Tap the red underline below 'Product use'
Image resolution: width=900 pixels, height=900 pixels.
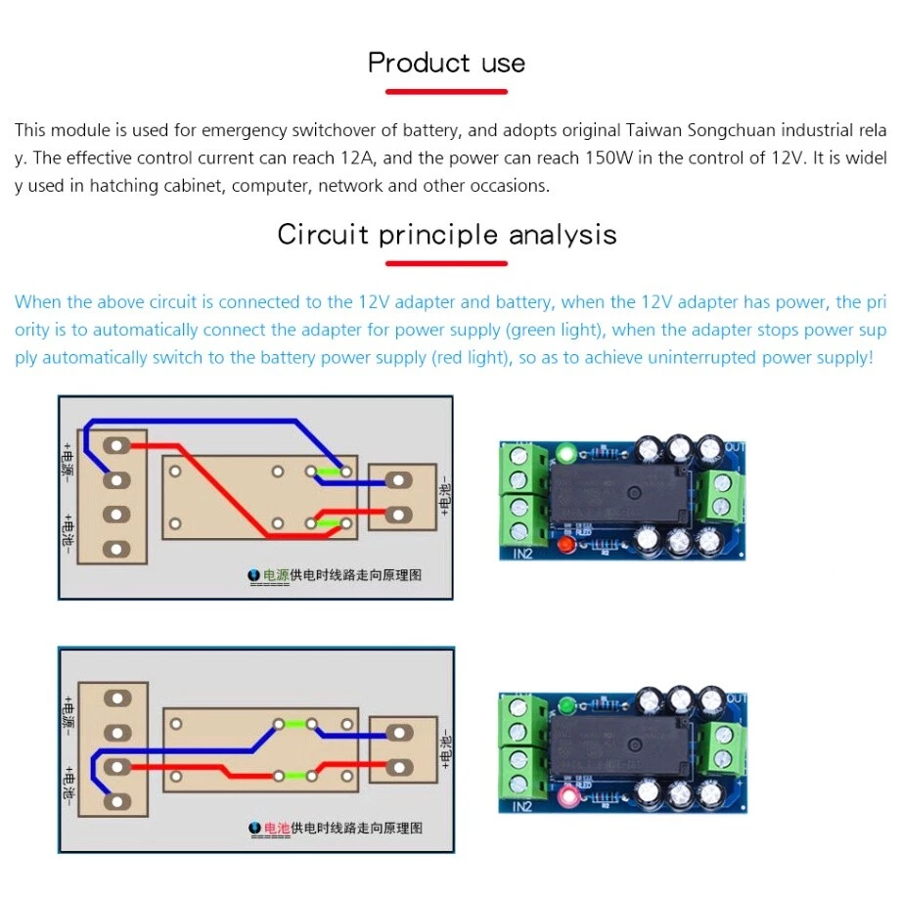coord(446,92)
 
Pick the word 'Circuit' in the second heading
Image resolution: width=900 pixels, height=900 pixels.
coord(322,235)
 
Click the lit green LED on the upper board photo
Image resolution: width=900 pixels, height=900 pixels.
coord(564,453)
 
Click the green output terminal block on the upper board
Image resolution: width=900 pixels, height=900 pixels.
coord(723,494)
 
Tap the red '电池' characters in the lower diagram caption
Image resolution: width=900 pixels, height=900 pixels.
coord(277,828)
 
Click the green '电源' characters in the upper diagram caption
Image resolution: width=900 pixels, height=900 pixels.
coord(277,576)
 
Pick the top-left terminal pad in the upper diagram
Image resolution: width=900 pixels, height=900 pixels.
coord(116,446)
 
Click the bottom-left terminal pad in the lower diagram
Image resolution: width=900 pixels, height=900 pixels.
coord(116,801)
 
